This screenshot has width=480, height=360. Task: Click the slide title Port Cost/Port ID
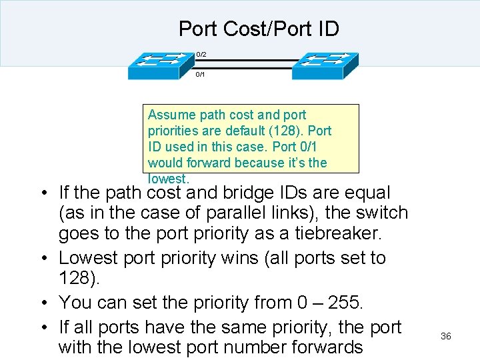(x=259, y=29)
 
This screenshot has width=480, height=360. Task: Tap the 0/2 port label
(x=201, y=53)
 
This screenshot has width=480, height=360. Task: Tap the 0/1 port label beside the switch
(x=200, y=74)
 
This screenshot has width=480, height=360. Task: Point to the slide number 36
(x=446, y=336)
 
